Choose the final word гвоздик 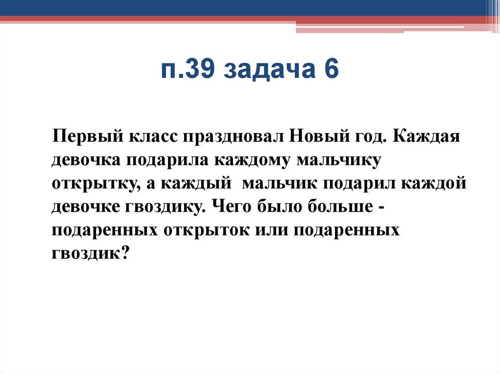click(89, 252)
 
